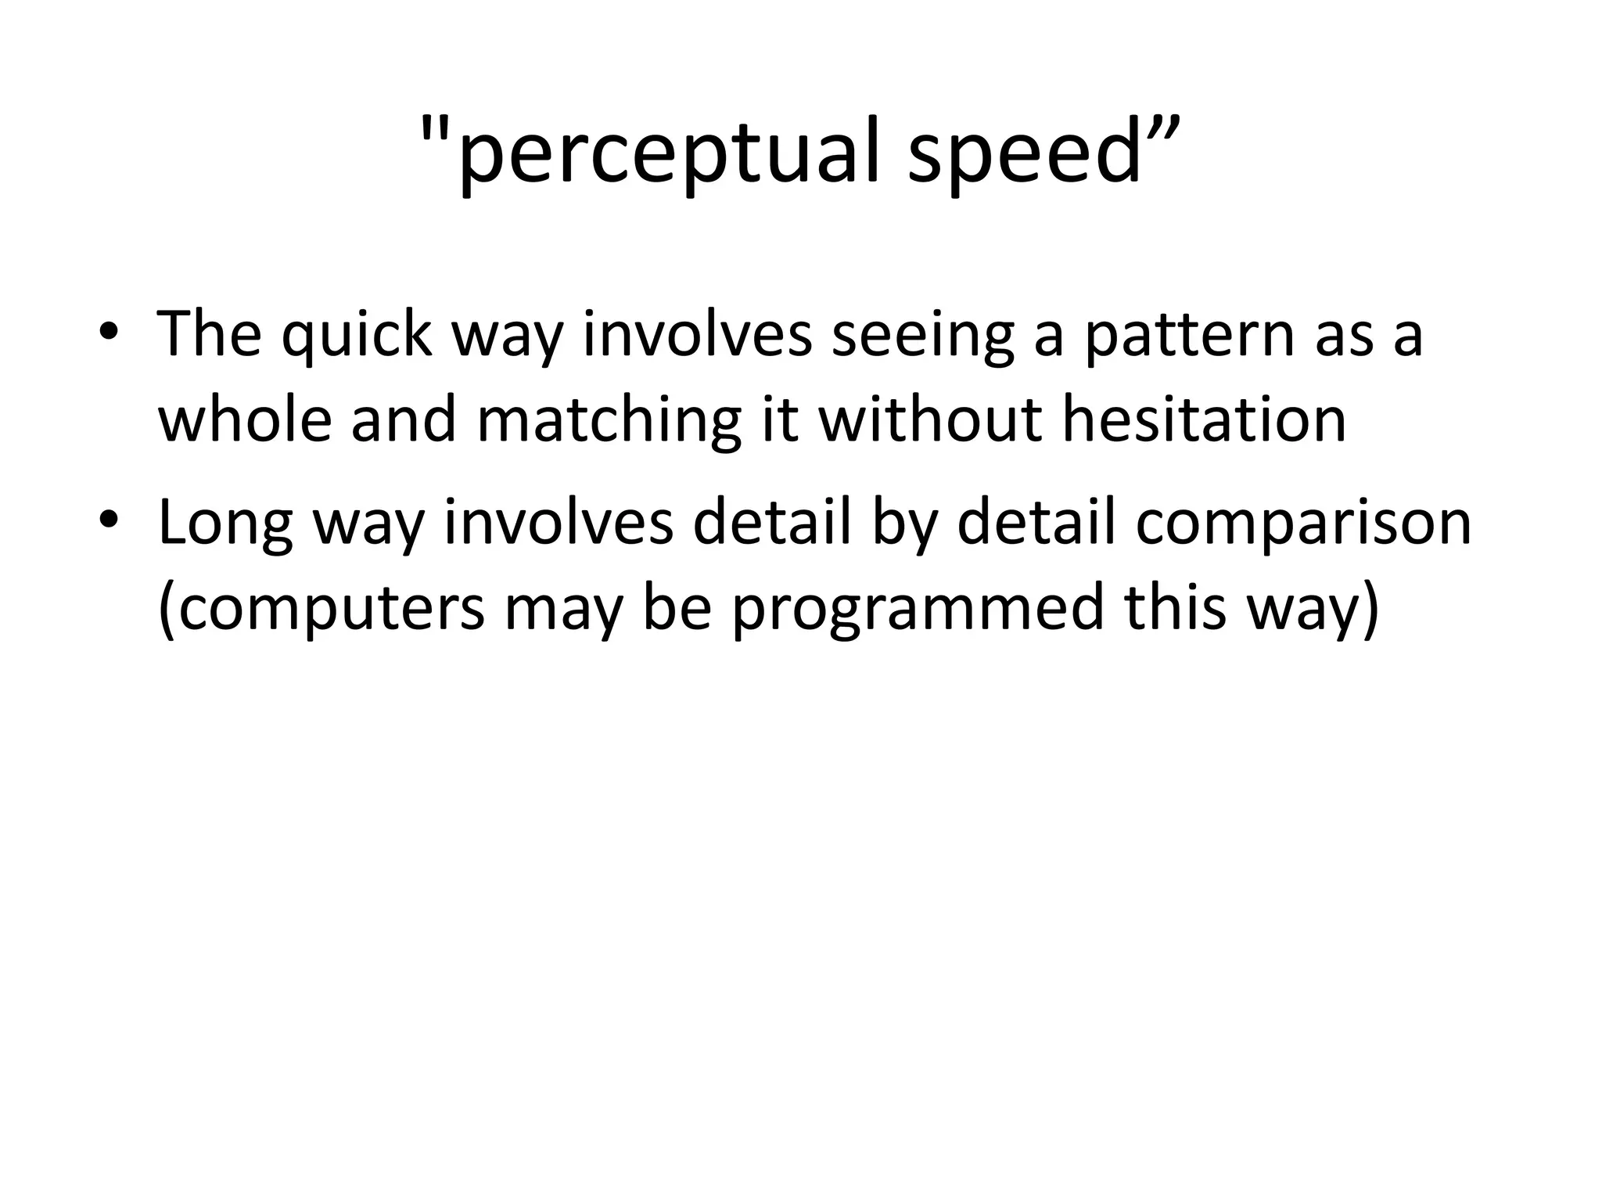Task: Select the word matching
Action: tap(608, 421)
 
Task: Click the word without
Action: tap(930, 419)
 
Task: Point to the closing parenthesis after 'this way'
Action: tap(1368, 609)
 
